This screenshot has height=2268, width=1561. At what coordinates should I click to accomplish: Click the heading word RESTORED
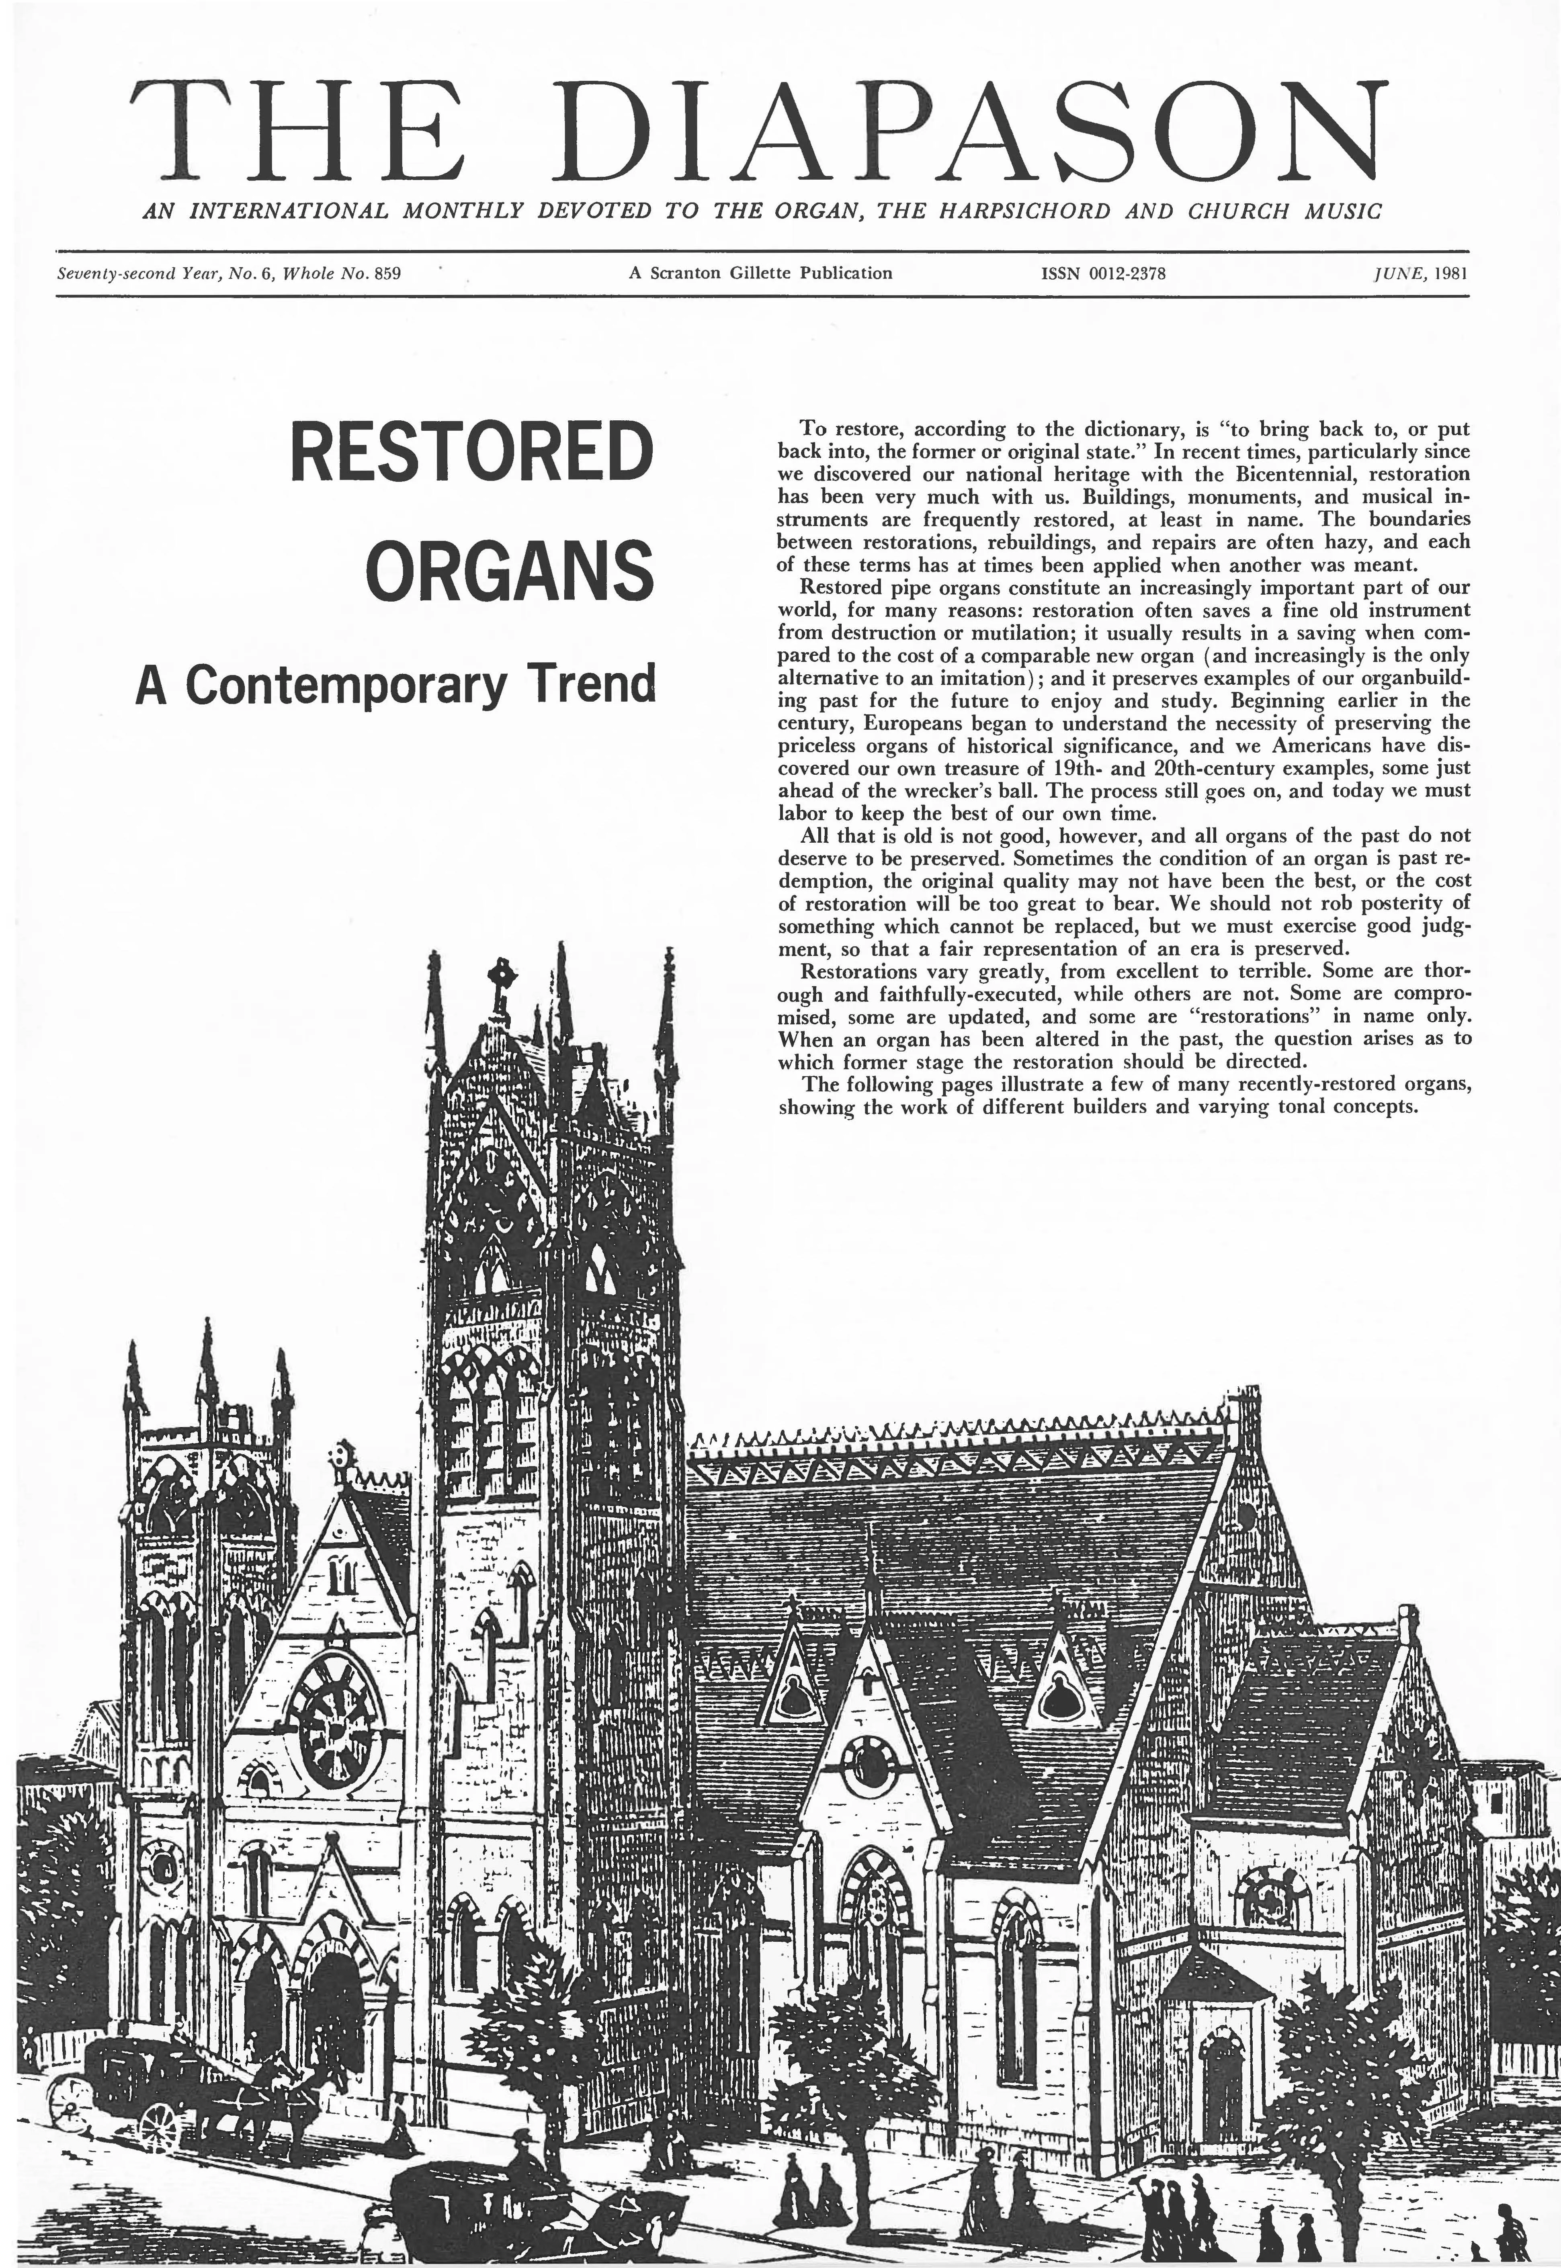point(471,451)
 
